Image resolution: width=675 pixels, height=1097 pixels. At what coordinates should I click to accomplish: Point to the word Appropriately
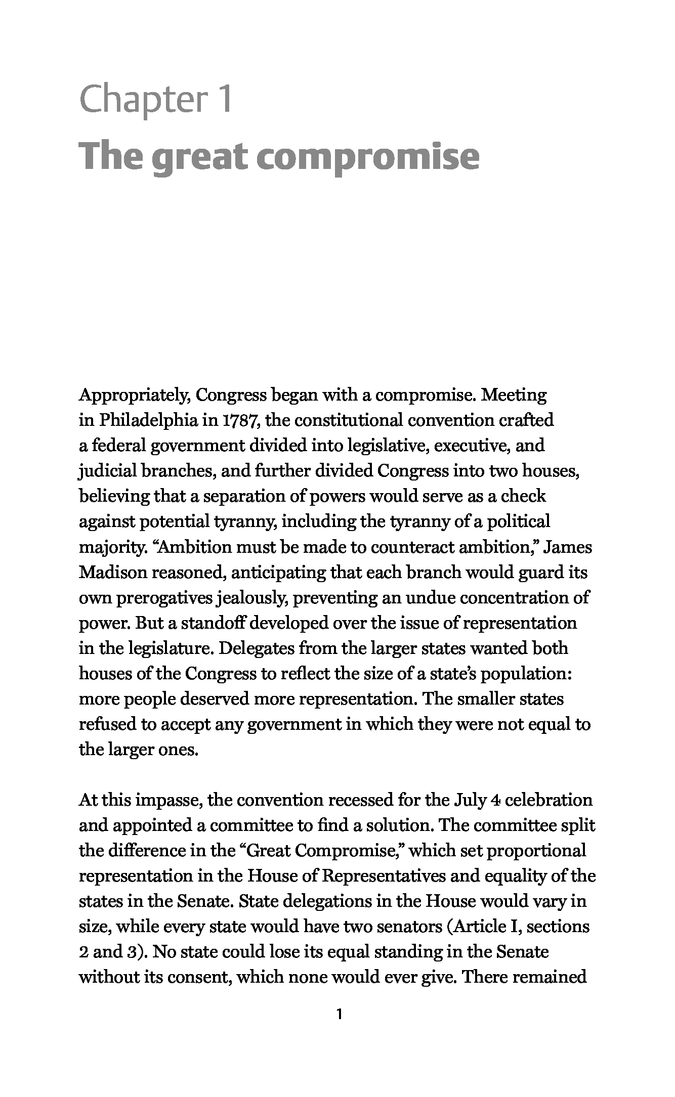pyautogui.click(x=134, y=395)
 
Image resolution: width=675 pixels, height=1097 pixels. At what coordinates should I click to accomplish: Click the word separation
pyautogui.click(x=238, y=496)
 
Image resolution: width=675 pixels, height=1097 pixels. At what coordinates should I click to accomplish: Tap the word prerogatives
pyautogui.click(x=164, y=598)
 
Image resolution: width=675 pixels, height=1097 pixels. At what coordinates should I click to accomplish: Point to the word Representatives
pyautogui.click(x=383, y=876)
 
